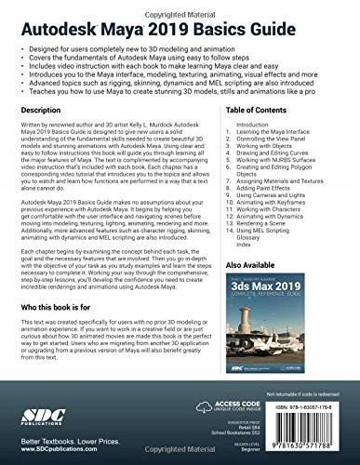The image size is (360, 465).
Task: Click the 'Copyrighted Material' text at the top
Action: click(180, 6)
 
